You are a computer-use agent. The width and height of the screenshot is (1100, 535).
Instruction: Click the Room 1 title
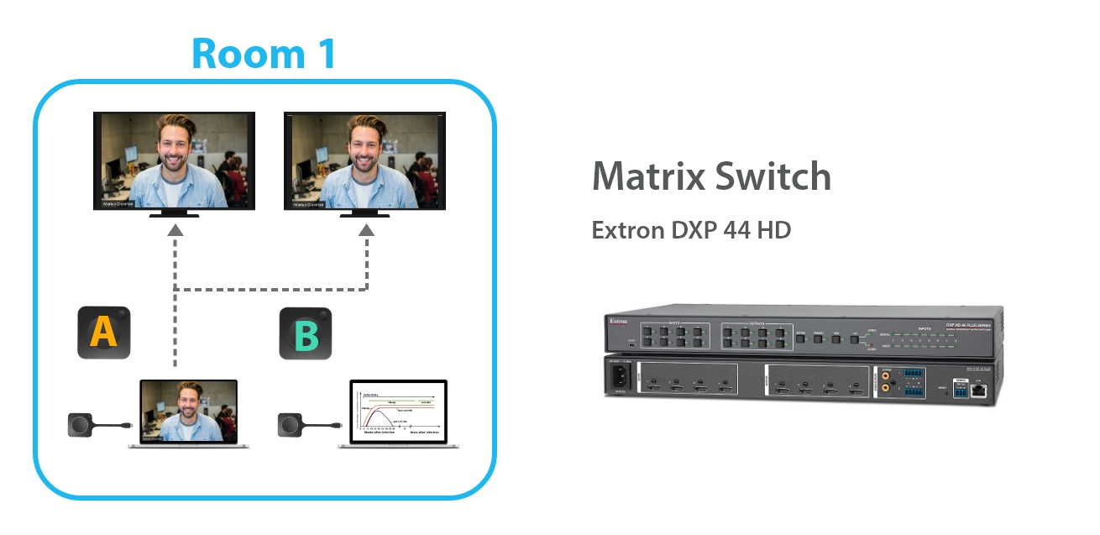(x=264, y=52)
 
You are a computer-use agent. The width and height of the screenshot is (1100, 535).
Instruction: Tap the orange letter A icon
(x=104, y=333)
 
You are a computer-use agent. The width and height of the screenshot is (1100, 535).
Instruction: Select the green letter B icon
(x=306, y=334)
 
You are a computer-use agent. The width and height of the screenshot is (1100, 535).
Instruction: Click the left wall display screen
(x=174, y=160)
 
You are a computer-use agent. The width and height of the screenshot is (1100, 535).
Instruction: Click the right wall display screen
(x=364, y=160)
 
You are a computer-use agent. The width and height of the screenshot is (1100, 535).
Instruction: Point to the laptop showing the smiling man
(x=188, y=412)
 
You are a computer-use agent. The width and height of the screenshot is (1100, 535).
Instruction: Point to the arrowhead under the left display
(x=175, y=229)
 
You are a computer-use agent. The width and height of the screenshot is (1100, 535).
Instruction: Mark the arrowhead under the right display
(x=367, y=229)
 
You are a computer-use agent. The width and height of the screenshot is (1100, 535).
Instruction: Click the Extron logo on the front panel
(x=618, y=320)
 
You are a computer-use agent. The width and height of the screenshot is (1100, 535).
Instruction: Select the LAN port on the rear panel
(x=978, y=390)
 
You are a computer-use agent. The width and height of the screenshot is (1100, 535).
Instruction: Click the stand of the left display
(x=174, y=215)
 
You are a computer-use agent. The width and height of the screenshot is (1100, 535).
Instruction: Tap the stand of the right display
(x=364, y=215)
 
